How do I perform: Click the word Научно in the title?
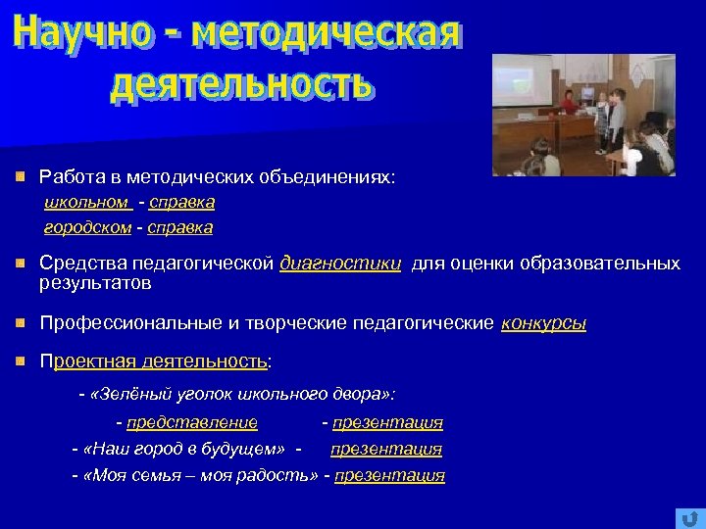[81, 36]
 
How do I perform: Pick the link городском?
[87, 227]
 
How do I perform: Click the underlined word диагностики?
[340, 264]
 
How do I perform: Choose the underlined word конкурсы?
[543, 323]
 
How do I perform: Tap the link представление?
[192, 423]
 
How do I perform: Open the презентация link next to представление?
[387, 423]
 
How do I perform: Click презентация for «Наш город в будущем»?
[386, 450]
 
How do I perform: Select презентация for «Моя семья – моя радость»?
[389, 476]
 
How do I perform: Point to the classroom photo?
[582, 115]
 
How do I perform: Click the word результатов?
[95, 283]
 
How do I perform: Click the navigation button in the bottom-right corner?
[685, 518]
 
